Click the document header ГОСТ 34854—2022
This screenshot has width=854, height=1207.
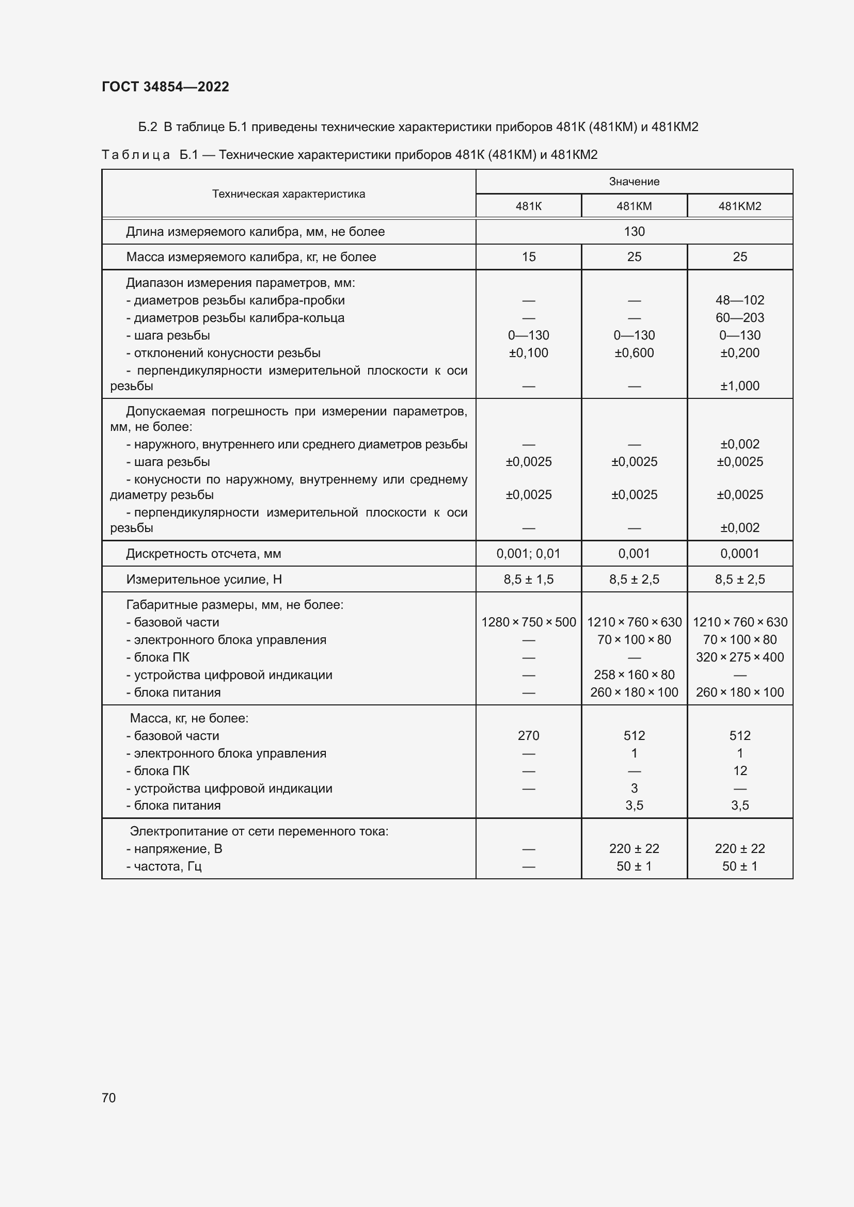165,87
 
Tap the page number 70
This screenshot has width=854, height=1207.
109,1098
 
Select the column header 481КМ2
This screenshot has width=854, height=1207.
739,206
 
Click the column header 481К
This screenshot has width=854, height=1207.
529,206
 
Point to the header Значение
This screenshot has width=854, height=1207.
634,181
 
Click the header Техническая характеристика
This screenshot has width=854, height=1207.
288,194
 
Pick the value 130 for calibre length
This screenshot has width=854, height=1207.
634,232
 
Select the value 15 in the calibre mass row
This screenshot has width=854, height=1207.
529,257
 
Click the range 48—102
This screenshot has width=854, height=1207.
739,300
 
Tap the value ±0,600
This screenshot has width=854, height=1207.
634,353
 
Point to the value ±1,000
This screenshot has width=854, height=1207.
739,386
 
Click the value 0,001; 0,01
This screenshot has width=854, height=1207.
529,554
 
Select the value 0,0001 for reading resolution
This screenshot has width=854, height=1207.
739,554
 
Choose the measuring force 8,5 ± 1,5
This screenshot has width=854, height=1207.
529,580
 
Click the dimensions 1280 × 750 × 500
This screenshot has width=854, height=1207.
529,622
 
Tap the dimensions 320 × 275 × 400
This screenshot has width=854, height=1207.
739,657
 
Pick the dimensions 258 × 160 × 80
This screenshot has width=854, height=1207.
634,674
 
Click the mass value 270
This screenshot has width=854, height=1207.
529,735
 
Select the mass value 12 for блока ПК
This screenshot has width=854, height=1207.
739,770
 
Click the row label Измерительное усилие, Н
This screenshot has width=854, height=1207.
203,580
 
